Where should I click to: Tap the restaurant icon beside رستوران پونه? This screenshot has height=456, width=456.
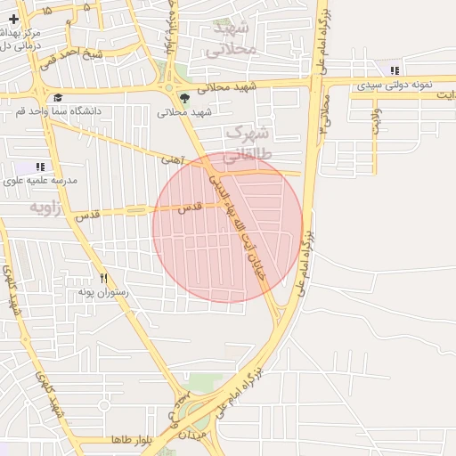(x=104, y=278)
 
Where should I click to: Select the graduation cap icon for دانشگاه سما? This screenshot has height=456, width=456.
(x=58, y=98)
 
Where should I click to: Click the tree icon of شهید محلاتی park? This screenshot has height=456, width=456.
(x=184, y=98)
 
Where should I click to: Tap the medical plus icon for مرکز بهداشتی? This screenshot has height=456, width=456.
(x=13, y=18)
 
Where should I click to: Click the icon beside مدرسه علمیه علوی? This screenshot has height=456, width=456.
(x=39, y=167)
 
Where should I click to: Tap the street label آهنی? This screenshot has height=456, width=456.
(x=170, y=160)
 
